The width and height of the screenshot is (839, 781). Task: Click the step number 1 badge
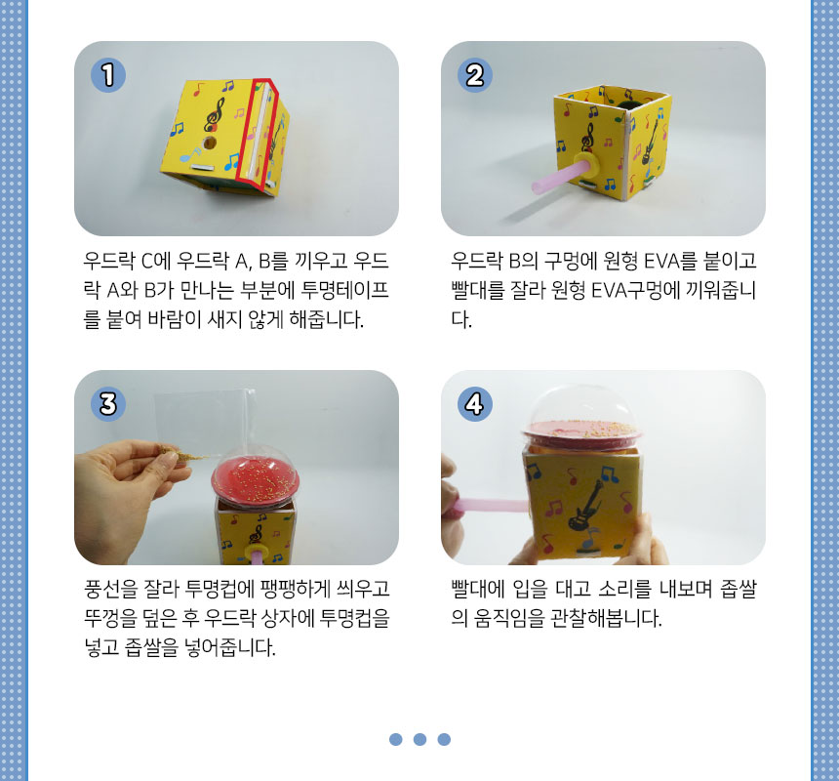(x=108, y=75)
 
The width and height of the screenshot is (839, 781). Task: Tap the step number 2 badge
(x=474, y=75)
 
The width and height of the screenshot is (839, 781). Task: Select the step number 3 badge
(x=108, y=403)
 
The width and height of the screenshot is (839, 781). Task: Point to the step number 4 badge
(x=474, y=403)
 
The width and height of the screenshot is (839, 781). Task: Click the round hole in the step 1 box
(x=210, y=143)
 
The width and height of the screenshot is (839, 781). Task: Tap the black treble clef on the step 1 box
(x=215, y=114)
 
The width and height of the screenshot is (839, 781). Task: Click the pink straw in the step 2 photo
(x=556, y=179)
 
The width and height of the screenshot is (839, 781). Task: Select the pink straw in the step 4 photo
(x=490, y=506)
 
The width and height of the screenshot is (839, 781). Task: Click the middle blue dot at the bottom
(x=420, y=739)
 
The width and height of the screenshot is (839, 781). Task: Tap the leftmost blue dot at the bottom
(x=396, y=739)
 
